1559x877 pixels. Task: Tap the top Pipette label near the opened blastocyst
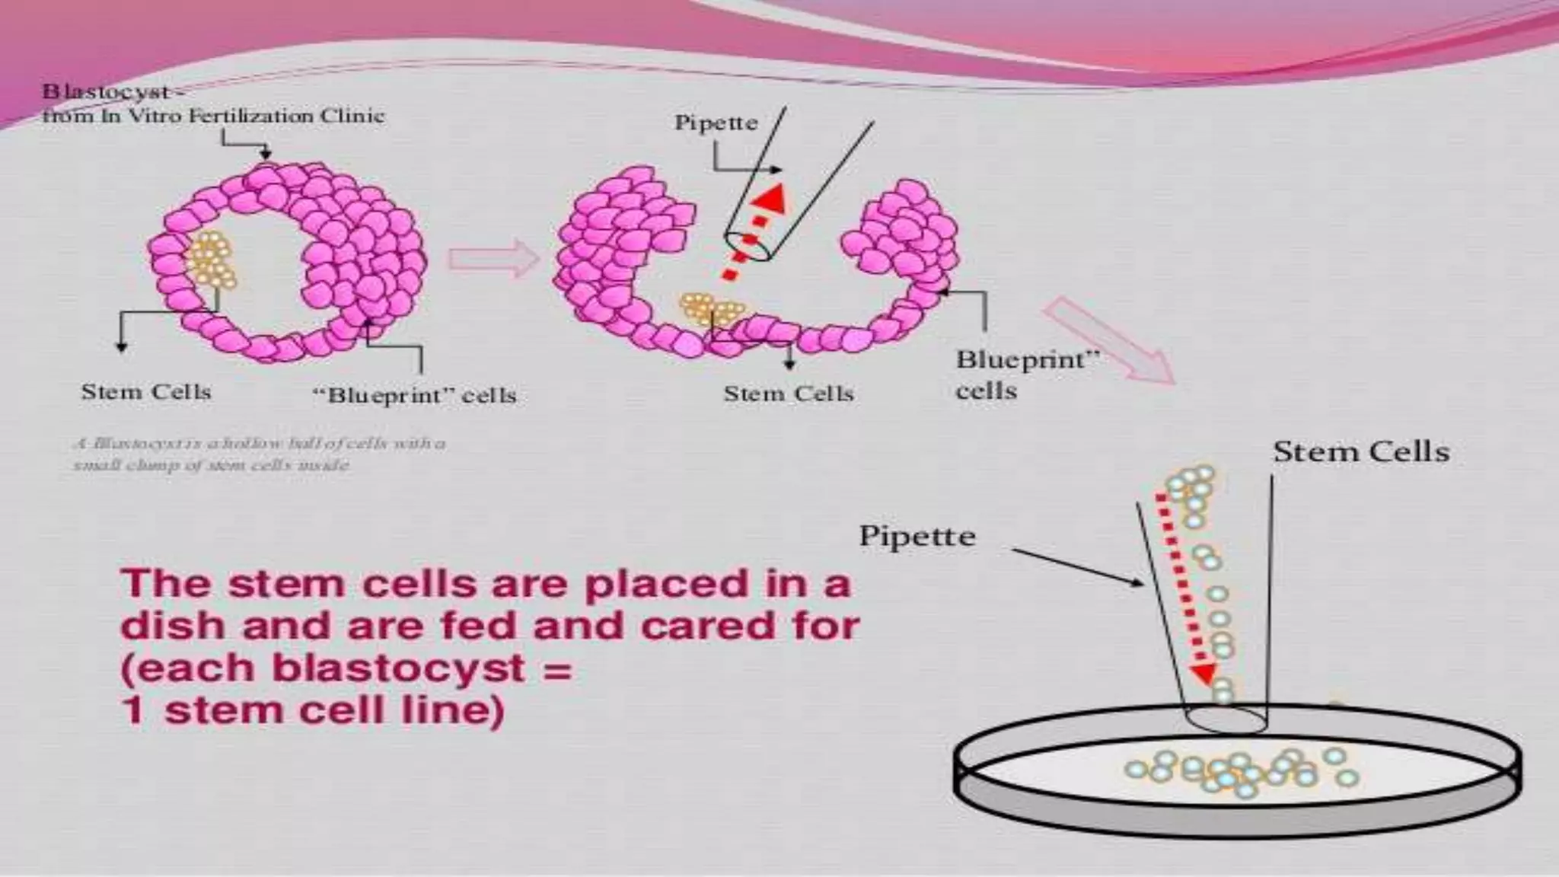pos(716,123)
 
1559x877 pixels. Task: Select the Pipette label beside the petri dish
pos(917,536)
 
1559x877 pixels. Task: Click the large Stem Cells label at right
pos(1361,452)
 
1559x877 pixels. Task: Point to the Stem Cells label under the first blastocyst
pos(146,392)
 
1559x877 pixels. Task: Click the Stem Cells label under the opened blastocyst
pos(788,394)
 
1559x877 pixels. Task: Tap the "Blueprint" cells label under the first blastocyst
pos(415,395)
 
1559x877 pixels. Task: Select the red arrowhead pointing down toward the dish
pos(1204,674)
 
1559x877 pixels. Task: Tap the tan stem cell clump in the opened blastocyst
pos(711,308)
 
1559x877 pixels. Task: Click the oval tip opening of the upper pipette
pos(748,246)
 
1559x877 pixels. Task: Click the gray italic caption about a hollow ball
pos(259,454)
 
